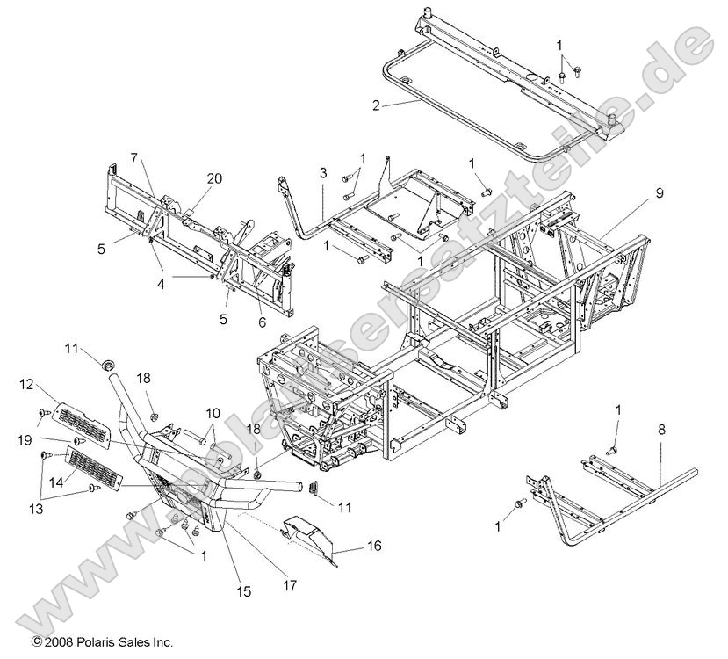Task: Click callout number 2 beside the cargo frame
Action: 376,105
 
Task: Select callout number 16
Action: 374,547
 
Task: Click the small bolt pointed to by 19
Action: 77,439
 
